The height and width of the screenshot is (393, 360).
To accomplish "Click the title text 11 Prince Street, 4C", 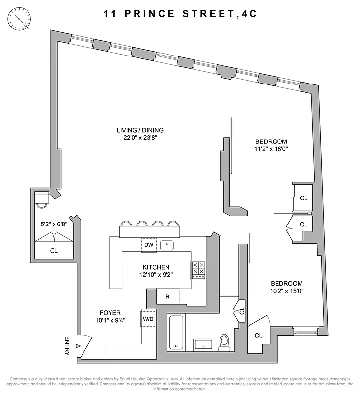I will pos(180,14).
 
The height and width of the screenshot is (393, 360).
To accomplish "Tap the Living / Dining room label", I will pos(139,130).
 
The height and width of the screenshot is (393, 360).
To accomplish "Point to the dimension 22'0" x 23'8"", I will pos(139,138).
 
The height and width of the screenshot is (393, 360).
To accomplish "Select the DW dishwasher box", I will pos(148,244).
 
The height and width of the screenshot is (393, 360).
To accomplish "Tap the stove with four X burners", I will pos(198,269).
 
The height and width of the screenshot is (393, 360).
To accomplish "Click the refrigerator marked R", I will pos(167,296).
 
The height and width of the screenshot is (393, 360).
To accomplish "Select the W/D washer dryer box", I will pos(148,318).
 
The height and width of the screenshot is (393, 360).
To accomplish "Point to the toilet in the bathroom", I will pos(224,341).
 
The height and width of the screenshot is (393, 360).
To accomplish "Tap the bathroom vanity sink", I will pos(202,344).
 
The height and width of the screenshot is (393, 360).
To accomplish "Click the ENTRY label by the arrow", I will pos(67,346).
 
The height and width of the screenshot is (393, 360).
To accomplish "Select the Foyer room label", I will pos(110,313).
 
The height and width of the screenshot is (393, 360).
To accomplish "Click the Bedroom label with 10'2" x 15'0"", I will pos(286,284).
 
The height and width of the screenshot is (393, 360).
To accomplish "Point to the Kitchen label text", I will pos(153,268).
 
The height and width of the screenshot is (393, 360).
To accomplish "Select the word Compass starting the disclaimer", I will pos(19,379).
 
